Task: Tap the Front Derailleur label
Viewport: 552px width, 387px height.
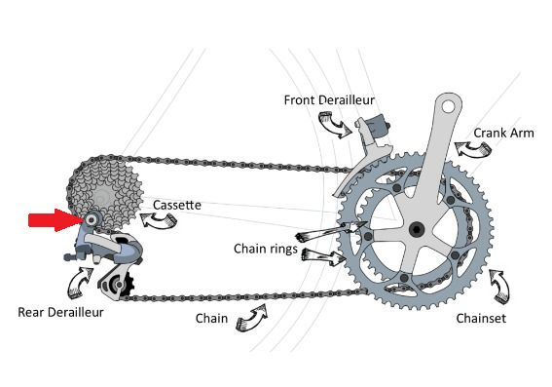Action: pyautogui.click(x=329, y=100)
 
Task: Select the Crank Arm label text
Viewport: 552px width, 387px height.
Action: pyautogui.click(x=503, y=133)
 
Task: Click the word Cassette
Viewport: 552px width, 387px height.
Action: pyautogui.click(x=177, y=205)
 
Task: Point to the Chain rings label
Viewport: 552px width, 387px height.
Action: pyautogui.click(x=266, y=249)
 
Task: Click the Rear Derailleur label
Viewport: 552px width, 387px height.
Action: pyautogui.click(x=60, y=312)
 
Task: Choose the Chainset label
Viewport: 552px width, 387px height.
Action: pyautogui.click(x=481, y=318)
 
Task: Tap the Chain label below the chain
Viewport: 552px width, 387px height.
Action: pyautogui.click(x=211, y=318)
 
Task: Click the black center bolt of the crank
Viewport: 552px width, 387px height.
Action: pyautogui.click(x=417, y=230)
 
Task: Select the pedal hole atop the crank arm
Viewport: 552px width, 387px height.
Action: pyautogui.click(x=449, y=106)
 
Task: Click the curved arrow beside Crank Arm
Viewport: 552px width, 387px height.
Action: pyautogui.click(x=473, y=149)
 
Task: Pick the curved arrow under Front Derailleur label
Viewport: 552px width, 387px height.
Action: pyautogui.click(x=334, y=125)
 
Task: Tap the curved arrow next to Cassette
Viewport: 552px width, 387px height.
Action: pyautogui.click(x=159, y=221)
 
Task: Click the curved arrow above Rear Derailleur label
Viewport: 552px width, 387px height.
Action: pyautogui.click(x=79, y=283)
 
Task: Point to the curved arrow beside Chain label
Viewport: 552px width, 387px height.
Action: pyautogui.click(x=252, y=317)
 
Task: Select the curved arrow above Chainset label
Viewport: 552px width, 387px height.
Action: pyautogui.click(x=500, y=287)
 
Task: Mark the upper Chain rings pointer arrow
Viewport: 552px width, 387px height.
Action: pyautogui.click(x=331, y=232)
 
